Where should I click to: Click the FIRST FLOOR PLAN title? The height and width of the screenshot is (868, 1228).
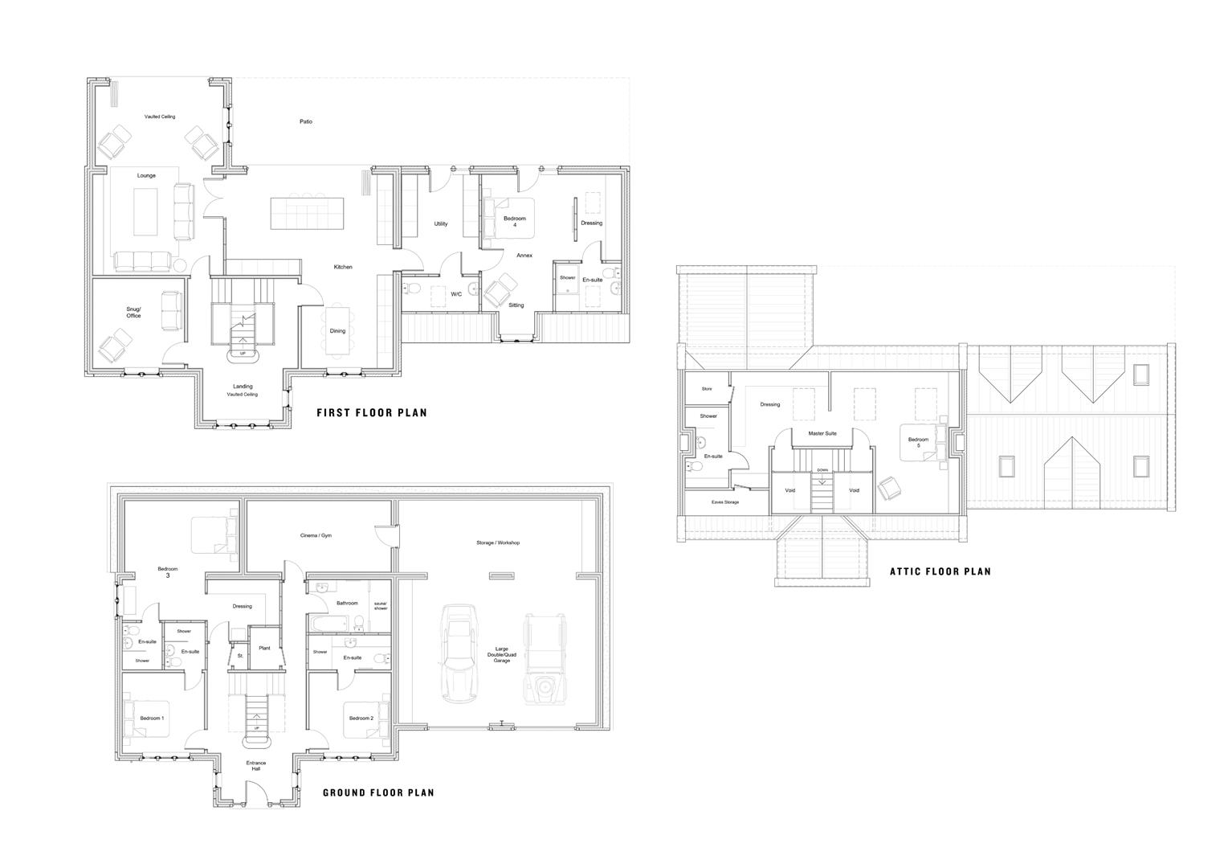(x=371, y=413)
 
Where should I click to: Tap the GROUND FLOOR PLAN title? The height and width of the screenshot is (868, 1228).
(x=378, y=792)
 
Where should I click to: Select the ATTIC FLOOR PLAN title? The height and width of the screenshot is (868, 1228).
(x=940, y=571)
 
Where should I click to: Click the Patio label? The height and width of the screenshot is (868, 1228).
(x=306, y=122)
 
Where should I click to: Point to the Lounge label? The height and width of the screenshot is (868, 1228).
(x=146, y=175)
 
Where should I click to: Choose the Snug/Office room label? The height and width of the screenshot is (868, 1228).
(x=133, y=313)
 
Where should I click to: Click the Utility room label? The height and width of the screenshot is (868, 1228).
(x=441, y=223)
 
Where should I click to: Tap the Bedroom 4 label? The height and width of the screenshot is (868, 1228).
(x=515, y=222)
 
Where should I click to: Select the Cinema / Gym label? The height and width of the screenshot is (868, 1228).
(x=316, y=535)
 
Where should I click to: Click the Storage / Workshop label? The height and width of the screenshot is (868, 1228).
(x=498, y=542)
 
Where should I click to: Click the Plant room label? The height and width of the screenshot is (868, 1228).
(x=264, y=648)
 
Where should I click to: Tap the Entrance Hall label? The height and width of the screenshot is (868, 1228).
(x=255, y=766)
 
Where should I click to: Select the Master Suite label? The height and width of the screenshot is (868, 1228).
(x=822, y=433)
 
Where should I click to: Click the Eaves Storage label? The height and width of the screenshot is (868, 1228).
(x=725, y=502)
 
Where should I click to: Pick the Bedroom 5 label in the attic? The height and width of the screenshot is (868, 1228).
(x=918, y=442)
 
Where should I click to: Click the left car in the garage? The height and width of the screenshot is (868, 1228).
(x=459, y=654)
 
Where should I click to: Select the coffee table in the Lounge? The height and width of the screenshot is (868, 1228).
(x=145, y=211)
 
